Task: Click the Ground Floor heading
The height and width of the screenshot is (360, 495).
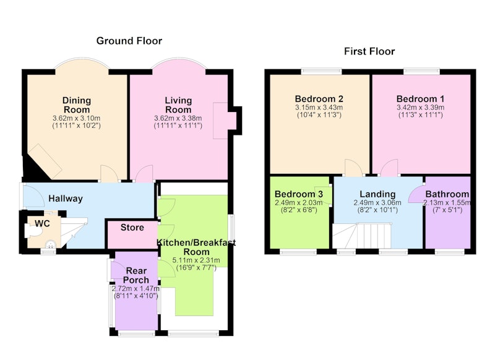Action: coord(129,41)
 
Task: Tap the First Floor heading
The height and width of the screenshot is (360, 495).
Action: coord(369,51)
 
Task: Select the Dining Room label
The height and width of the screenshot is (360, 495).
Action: coord(77,105)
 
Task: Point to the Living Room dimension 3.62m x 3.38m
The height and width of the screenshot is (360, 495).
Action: coord(178,118)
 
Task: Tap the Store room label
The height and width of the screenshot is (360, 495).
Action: coord(132,228)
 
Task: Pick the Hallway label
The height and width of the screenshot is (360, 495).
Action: coord(66,199)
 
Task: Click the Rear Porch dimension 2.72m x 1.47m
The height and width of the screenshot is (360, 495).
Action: coord(136,288)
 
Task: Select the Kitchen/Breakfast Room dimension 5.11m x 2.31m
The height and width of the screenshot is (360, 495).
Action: coord(196,260)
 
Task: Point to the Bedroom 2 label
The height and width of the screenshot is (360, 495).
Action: coord(319,99)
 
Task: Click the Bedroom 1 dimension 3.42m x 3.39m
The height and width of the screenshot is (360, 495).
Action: coord(421,107)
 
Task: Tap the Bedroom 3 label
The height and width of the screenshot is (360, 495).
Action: coord(299,194)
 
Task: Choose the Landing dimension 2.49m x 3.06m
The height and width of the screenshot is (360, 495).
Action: coord(377,202)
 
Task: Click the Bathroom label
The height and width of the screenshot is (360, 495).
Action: coord(447,194)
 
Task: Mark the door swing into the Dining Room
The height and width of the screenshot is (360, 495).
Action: coord(110,173)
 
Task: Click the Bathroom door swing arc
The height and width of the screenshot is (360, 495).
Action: coord(416,194)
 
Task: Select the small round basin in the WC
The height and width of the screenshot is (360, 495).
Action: coord(51,244)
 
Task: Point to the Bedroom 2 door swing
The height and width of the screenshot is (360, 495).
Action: coord(353,168)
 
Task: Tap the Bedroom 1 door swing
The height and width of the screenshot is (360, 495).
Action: coord(389,168)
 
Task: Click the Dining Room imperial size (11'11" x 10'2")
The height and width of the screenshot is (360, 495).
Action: coord(76,126)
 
